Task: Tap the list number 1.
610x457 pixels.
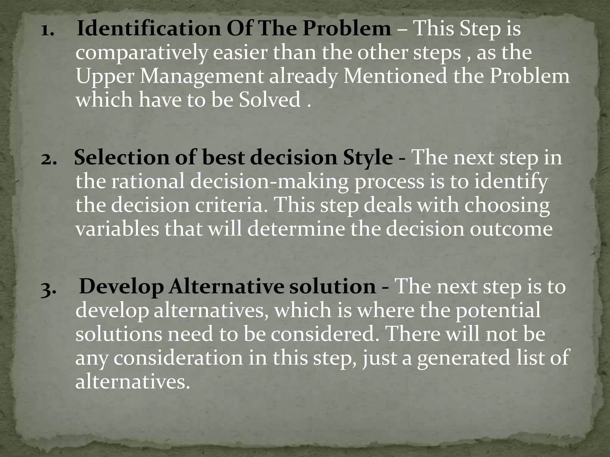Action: pyautogui.click(x=47, y=30)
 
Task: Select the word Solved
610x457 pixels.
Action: pyautogui.click(x=270, y=100)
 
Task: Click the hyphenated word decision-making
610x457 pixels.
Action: pyautogui.click(x=269, y=182)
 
